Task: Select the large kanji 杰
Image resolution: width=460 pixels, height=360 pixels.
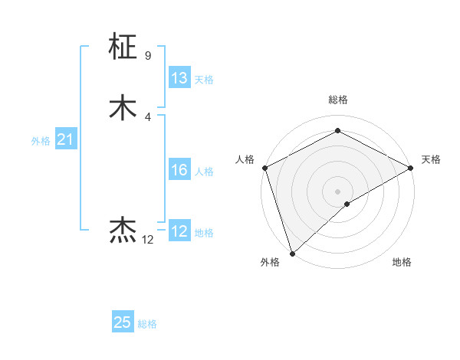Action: [123, 231]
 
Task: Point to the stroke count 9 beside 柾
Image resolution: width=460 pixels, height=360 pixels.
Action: [147, 56]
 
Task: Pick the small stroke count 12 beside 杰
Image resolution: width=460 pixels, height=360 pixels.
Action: [148, 240]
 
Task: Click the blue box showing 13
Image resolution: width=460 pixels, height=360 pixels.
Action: [179, 78]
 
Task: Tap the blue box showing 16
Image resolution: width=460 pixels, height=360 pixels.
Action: [179, 170]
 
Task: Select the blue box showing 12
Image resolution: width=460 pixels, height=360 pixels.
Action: [179, 231]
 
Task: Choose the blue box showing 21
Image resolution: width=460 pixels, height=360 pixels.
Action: [65, 139]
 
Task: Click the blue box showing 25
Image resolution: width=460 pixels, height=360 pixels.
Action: [123, 322]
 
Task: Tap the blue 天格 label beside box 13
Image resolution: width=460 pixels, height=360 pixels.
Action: [204, 80]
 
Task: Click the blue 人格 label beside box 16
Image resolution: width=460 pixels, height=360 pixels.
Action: [204, 172]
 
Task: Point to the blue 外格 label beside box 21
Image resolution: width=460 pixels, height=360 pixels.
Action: [41, 141]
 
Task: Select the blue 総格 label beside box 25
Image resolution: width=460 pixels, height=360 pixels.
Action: [147, 324]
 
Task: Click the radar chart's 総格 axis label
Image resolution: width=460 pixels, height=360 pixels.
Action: [338, 100]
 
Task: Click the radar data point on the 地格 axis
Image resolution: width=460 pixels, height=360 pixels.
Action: [347, 204]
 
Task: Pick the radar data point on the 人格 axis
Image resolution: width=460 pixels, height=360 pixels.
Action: [264, 168]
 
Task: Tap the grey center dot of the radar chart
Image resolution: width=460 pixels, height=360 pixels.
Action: [338, 191]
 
